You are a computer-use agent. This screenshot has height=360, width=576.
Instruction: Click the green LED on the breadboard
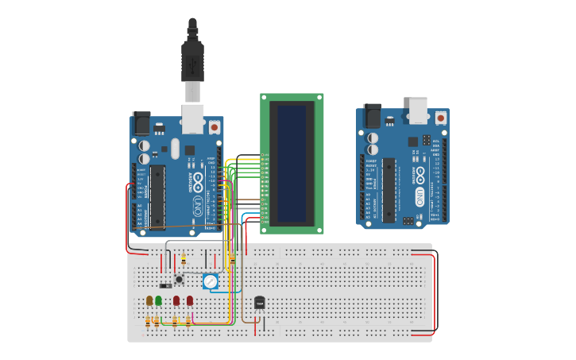coord(159,300)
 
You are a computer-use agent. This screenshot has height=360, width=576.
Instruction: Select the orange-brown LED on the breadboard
coord(149,300)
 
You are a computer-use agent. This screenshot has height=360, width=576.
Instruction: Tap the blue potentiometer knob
coord(210,281)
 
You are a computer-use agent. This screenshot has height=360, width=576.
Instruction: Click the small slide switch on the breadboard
coord(165,285)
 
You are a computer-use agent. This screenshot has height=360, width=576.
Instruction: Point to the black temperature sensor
coord(259,303)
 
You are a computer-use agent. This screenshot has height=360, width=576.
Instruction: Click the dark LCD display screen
coord(292,163)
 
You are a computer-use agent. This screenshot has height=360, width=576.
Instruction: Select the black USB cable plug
coord(192,60)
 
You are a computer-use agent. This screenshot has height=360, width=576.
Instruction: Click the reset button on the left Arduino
coord(214,126)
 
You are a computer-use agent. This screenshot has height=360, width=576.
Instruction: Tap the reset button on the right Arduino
coord(440,118)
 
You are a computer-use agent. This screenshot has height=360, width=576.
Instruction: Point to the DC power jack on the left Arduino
coord(141,122)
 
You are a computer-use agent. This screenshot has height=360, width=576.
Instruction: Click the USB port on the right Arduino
coord(418,110)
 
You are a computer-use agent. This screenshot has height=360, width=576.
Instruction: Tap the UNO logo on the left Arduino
coord(197,183)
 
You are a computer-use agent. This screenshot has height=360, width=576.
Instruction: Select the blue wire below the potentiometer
coord(226,292)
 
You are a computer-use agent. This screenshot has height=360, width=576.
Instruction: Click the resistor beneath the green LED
coord(157,320)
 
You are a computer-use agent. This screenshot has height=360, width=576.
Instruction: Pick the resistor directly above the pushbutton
coord(184,260)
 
